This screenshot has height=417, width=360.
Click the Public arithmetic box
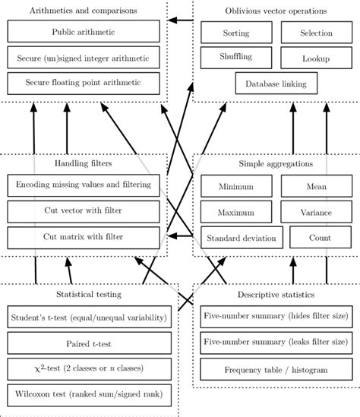pos(84,32)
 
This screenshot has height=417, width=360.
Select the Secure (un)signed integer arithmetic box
pos(84,58)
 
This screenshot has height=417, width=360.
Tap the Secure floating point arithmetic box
pos(84,84)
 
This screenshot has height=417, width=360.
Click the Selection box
pos(316,33)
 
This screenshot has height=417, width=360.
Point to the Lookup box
pos(316,58)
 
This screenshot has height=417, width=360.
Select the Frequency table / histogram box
pos(276,370)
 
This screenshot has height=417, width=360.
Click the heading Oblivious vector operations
pos(276,11)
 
